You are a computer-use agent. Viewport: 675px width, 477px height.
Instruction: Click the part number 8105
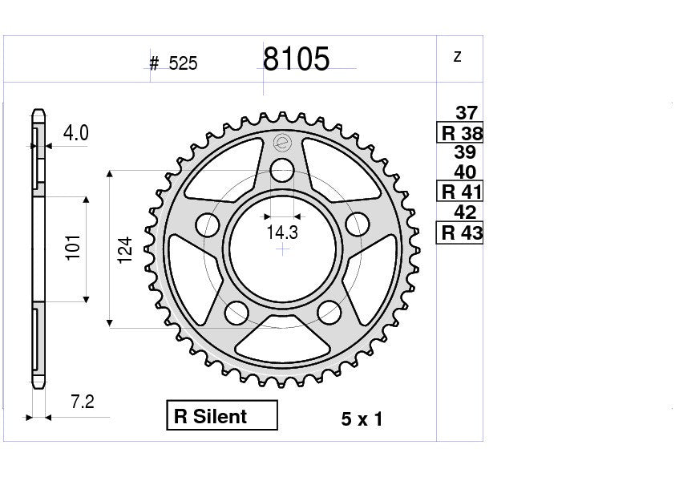tap(296, 59)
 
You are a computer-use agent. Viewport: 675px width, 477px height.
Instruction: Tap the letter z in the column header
tap(457, 56)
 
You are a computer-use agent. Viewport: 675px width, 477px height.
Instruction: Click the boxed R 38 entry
tap(460, 133)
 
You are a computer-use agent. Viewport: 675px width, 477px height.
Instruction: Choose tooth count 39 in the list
tap(465, 152)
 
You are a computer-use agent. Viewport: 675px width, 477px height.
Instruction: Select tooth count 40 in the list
tap(465, 172)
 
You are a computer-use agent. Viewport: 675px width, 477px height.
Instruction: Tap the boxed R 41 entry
tap(460, 192)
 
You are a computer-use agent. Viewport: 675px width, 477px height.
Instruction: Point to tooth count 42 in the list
tap(465, 212)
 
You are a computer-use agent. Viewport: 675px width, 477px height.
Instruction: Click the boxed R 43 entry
tap(460, 233)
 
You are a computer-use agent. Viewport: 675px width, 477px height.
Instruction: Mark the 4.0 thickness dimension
tap(75, 133)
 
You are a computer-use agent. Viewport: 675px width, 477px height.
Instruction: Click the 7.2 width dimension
tap(81, 402)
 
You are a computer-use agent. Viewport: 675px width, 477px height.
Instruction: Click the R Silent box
tap(221, 416)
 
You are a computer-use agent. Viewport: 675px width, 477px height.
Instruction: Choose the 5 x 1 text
tap(362, 419)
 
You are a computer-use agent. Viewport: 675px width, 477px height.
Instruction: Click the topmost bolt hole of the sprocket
tap(281, 170)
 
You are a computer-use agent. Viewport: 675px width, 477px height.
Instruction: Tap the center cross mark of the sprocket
tap(282, 249)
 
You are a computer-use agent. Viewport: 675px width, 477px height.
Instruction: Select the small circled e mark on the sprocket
tap(281, 144)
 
